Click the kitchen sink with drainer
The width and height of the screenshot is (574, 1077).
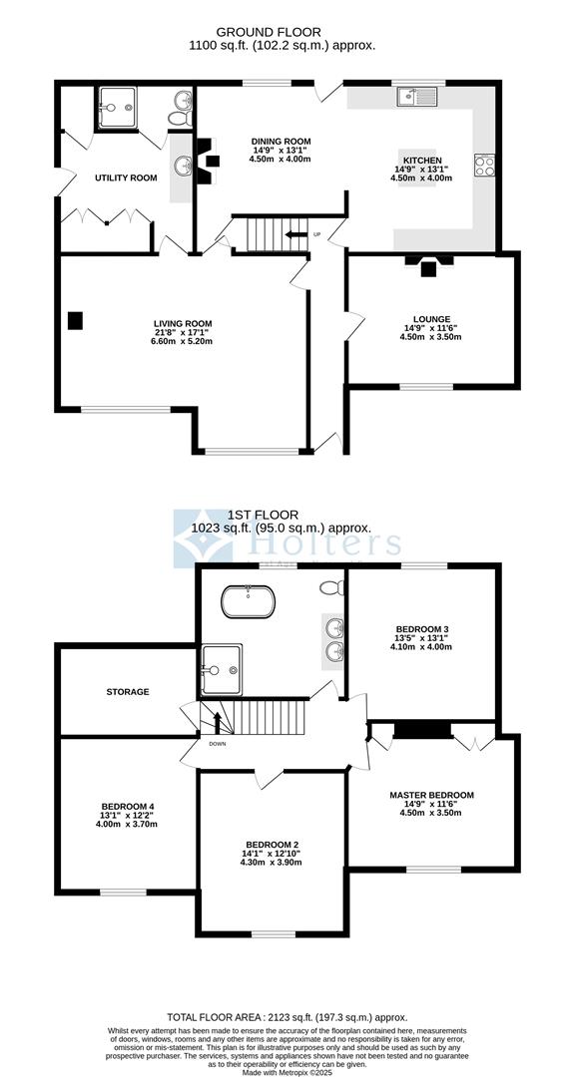coord(415,97)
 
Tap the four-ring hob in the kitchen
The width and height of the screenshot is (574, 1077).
coord(485,166)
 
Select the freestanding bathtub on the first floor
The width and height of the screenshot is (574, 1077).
coord(247,601)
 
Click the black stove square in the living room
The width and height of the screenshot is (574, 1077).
coord(75,320)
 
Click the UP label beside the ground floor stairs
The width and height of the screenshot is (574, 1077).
coord(317,235)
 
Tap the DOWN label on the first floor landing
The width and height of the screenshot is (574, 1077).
coord(218,743)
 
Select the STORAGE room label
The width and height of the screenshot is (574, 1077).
coord(128,691)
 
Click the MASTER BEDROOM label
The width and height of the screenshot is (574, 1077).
coord(431,795)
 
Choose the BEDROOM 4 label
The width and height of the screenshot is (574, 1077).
coord(128,806)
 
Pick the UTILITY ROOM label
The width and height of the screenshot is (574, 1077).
coord(126,178)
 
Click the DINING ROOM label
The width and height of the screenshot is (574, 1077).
coord(281,142)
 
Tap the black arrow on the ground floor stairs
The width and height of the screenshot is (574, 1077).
coord(294,235)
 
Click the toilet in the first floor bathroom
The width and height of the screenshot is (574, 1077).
coord(330,588)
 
